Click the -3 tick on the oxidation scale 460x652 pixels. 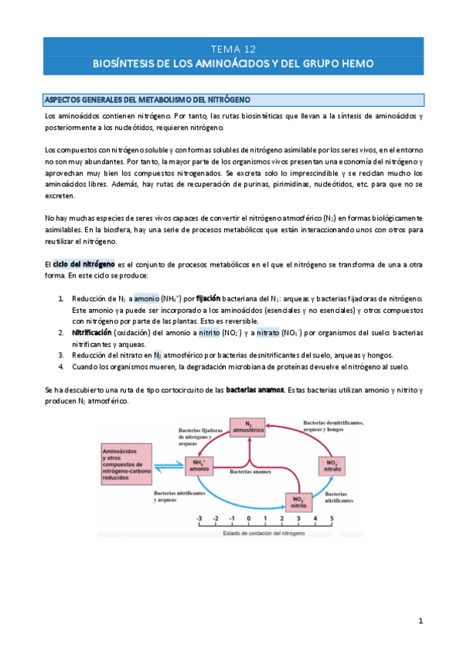click(200, 519)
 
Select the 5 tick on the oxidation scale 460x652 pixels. click(331, 519)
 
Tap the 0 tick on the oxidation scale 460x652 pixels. click(249, 519)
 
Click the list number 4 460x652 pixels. click(61, 366)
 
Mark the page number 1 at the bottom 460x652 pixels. click(421, 620)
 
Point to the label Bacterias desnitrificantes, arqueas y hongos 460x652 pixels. click(333, 427)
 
